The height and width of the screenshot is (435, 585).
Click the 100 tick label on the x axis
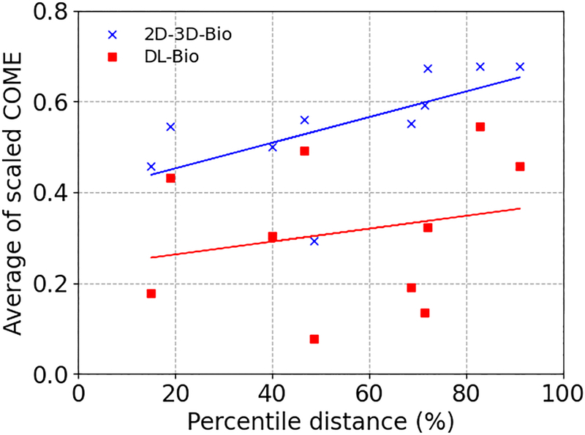562,393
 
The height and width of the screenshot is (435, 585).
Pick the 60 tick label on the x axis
369,393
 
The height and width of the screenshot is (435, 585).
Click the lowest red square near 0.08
314,339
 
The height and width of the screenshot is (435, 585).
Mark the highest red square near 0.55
480,126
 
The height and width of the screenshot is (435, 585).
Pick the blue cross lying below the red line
314,241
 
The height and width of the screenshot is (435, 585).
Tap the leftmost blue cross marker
151,167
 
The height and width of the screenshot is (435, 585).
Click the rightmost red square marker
520,167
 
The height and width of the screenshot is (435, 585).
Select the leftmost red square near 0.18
151,293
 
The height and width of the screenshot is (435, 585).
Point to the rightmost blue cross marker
520,67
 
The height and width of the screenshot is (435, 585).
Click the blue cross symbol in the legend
111,34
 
